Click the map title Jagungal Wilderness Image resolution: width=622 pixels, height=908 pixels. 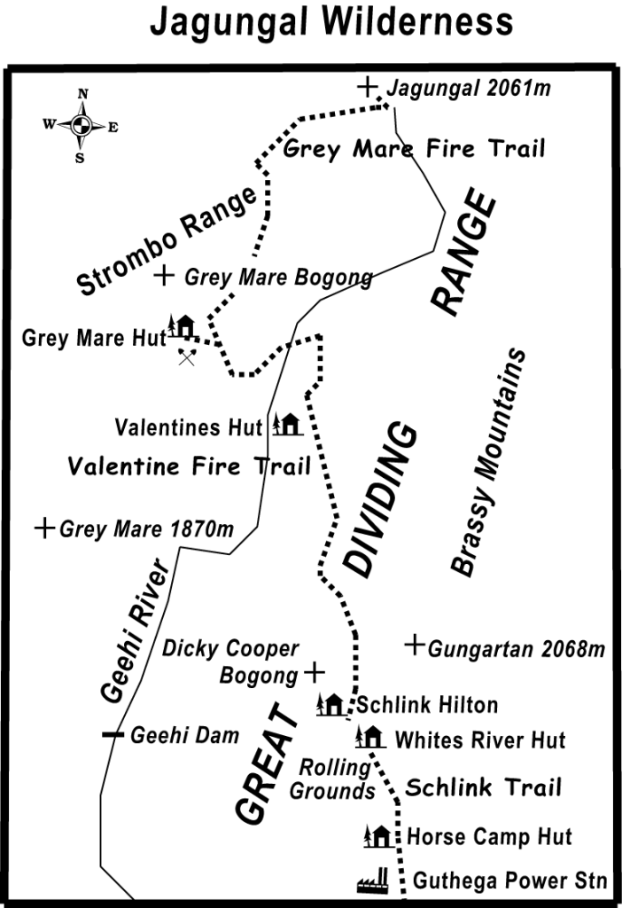331,22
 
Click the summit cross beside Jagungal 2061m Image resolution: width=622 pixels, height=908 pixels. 367,86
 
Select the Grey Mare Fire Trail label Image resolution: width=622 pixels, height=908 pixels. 414,149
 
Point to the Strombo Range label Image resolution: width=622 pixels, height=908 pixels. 169,240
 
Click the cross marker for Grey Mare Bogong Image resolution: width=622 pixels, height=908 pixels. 164,276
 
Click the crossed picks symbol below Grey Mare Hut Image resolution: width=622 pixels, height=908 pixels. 186,356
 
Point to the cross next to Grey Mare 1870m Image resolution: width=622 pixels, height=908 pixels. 44,529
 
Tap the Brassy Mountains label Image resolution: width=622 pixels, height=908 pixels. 488,462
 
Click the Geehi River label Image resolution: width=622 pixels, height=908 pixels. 134,631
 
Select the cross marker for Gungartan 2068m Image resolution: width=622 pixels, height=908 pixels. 415,646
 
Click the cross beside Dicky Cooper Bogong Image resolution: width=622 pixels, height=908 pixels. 314,673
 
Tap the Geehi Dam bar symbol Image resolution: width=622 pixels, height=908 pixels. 112,734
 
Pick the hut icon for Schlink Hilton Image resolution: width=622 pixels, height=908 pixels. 330,705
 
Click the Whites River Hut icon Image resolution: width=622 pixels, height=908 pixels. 369,736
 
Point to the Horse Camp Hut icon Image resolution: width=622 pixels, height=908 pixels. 378,835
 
